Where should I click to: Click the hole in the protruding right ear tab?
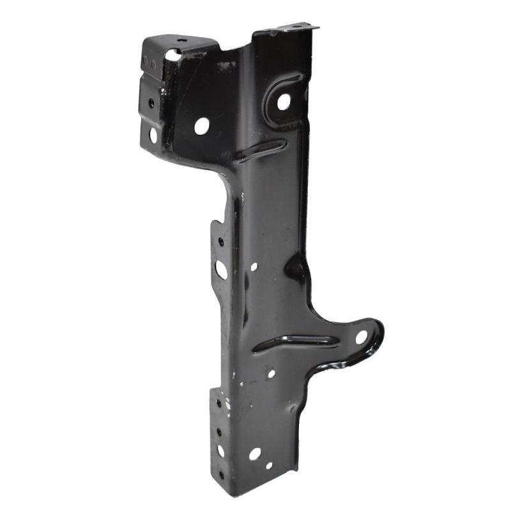(x=362, y=336)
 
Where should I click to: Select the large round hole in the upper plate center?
(x=201, y=125)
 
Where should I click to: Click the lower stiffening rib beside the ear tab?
(x=294, y=342)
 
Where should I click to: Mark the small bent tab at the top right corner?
(x=300, y=27)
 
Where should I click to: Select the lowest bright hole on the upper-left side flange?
(x=153, y=135)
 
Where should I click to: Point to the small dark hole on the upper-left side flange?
(x=151, y=102)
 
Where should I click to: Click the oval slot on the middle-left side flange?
(x=221, y=269)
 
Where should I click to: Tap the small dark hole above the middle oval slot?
(x=221, y=242)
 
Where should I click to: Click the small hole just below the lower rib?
(x=271, y=373)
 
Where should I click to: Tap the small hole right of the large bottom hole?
(x=269, y=466)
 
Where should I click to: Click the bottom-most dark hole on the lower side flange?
(x=220, y=475)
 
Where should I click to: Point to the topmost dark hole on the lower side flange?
(x=219, y=404)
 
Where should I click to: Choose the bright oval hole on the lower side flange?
(x=220, y=450)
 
